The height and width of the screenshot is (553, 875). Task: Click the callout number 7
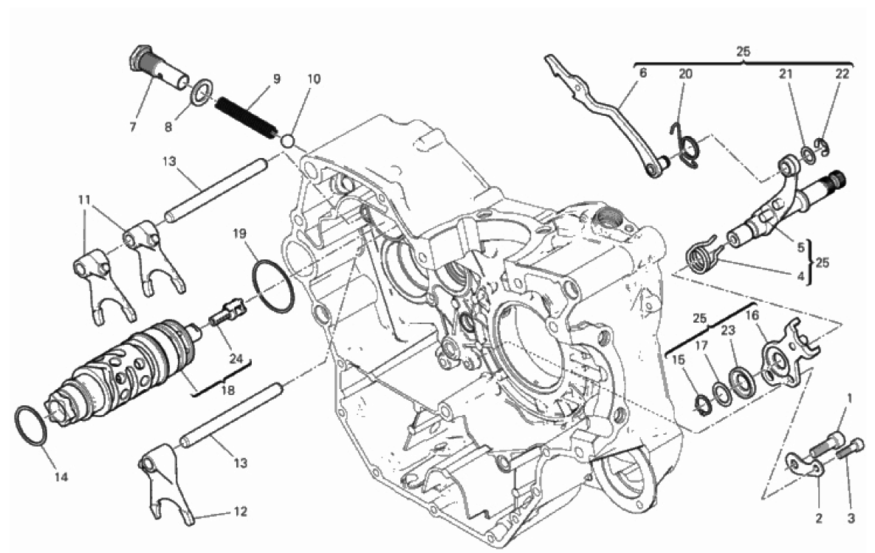coord(133,127)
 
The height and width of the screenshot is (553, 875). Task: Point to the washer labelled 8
coord(202,91)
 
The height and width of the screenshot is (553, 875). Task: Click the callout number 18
coord(227,390)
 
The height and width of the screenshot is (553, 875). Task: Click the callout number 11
coord(84,199)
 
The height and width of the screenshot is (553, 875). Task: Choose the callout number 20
coord(685,75)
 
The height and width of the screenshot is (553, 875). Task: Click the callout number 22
coord(842,75)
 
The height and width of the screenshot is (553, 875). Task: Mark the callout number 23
coord(727,330)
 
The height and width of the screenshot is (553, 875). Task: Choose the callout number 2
coord(819,518)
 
